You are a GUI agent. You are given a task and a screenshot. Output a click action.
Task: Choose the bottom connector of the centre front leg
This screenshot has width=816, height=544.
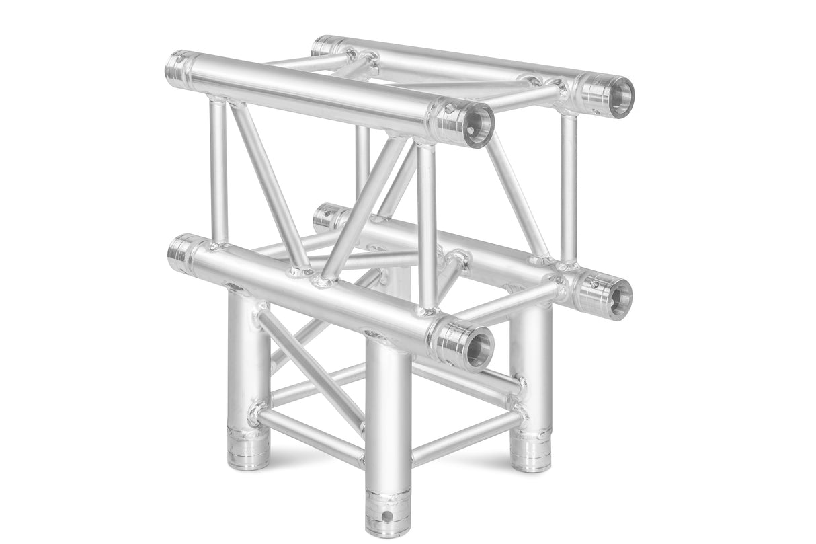[x=388, y=511]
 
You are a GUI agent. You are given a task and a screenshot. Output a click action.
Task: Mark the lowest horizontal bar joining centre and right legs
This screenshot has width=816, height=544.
[x=464, y=437]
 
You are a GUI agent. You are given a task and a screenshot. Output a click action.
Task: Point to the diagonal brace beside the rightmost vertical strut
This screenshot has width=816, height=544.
[x=518, y=195]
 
